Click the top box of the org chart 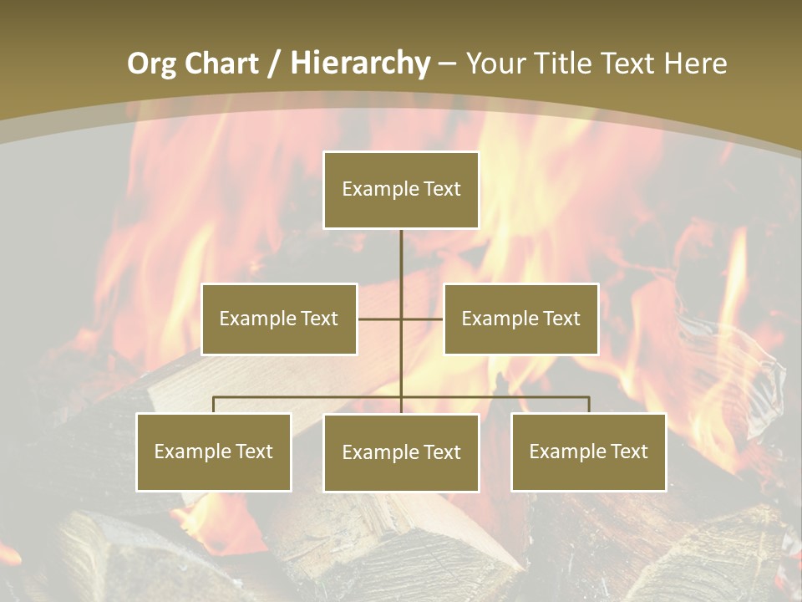tap(401, 190)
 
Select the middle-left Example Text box tap(279, 319)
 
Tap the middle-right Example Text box tap(521, 319)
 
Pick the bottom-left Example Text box tap(214, 452)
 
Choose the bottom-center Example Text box tap(401, 453)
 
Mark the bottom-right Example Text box tap(589, 452)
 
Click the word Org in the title tap(151, 64)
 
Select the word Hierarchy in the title tap(360, 64)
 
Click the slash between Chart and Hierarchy tap(274, 64)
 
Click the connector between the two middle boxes tap(401, 319)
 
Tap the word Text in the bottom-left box tap(254, 452)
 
